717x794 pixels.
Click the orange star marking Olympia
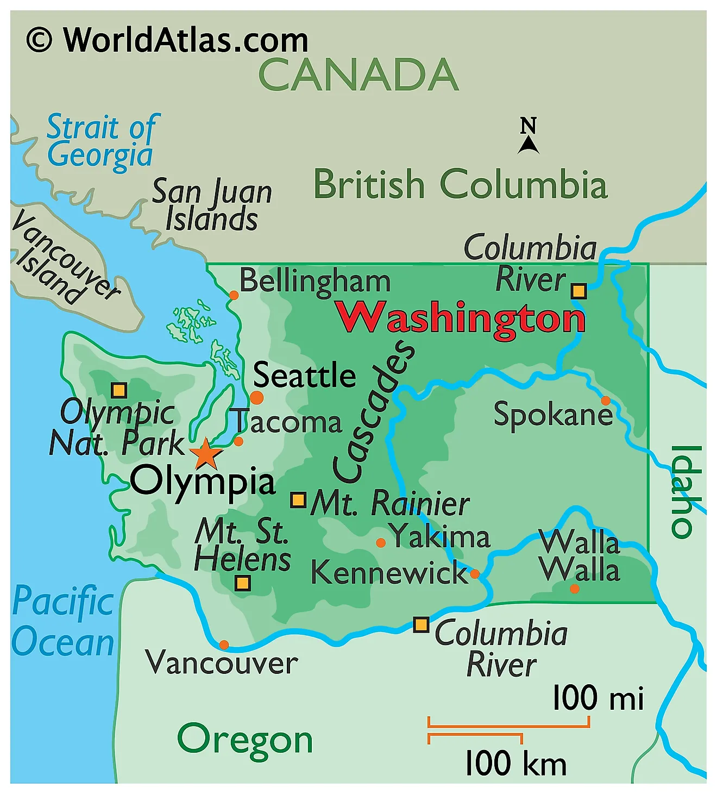click(x=206, y=454)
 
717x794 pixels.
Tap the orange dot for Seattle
click(x=256, y=397)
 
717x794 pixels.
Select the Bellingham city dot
click(x=234, y=295)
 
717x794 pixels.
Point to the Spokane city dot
click(x=605, y=401)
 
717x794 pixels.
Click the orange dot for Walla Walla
click(x=575, y=589)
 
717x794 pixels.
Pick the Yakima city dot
click(x=381, y=542)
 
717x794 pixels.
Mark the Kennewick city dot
click(x=475, y=574)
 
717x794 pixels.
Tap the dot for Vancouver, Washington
click(x=224, y=645)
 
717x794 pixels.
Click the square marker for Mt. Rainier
click(x=298, y=500)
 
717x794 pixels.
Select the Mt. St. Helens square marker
click(x=242, y=584)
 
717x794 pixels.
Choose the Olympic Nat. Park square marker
click(x=119, y=390)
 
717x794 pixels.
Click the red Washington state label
click(x=461, y=318)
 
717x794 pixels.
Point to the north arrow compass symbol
click(x=528, y=136)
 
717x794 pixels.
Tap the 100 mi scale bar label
click(x=597, y=698)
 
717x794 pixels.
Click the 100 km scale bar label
click(x=515, y=763)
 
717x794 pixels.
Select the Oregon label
click(x=245, y=739)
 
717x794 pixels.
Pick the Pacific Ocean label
click(x=63, y=622)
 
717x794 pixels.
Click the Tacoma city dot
click(x=238, y=441)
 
